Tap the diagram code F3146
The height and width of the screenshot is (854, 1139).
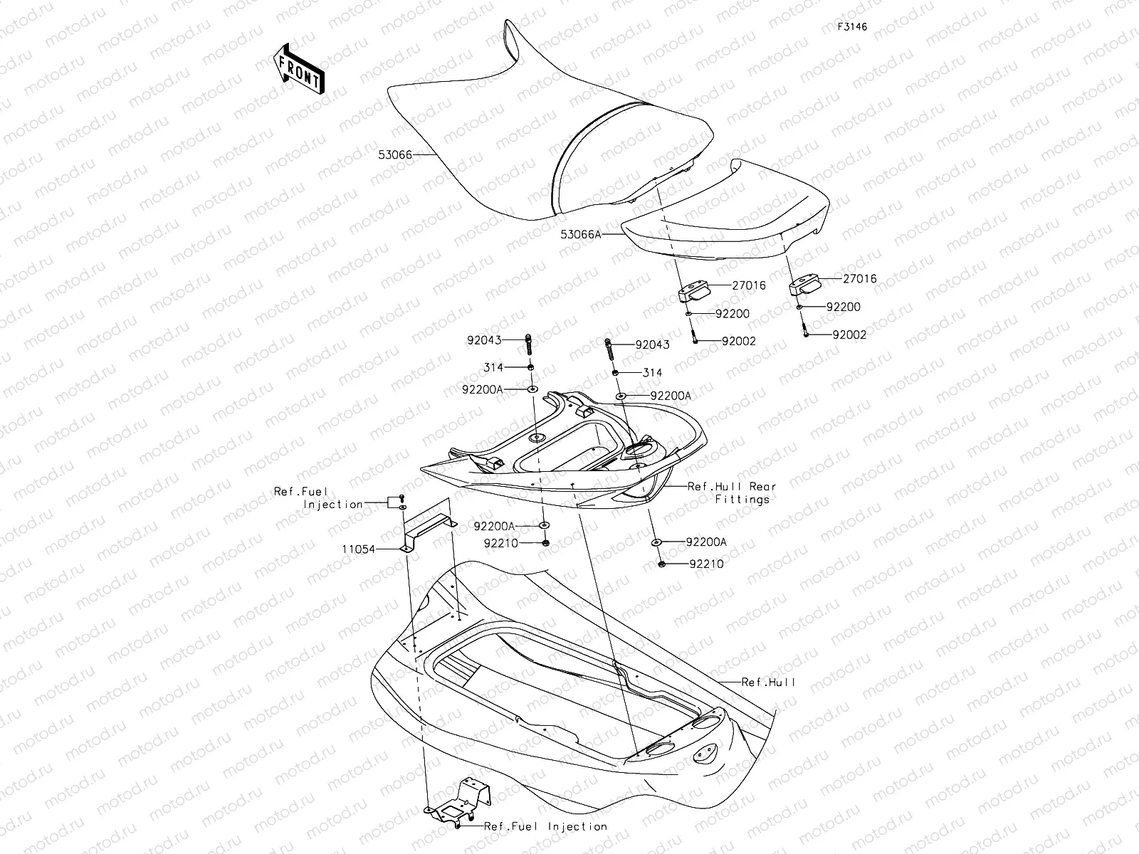[852, 27]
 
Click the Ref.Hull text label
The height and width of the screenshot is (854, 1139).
[768, 682]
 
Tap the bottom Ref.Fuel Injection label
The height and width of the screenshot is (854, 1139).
[545, 826]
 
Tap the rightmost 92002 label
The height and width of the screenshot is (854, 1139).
[849, 334]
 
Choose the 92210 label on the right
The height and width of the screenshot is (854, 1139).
[706, 564]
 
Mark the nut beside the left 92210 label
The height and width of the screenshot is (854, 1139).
[545, 543]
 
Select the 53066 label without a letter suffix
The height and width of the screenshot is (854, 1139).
[396, 154]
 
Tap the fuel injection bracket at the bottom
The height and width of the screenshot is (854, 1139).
[456, 804]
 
